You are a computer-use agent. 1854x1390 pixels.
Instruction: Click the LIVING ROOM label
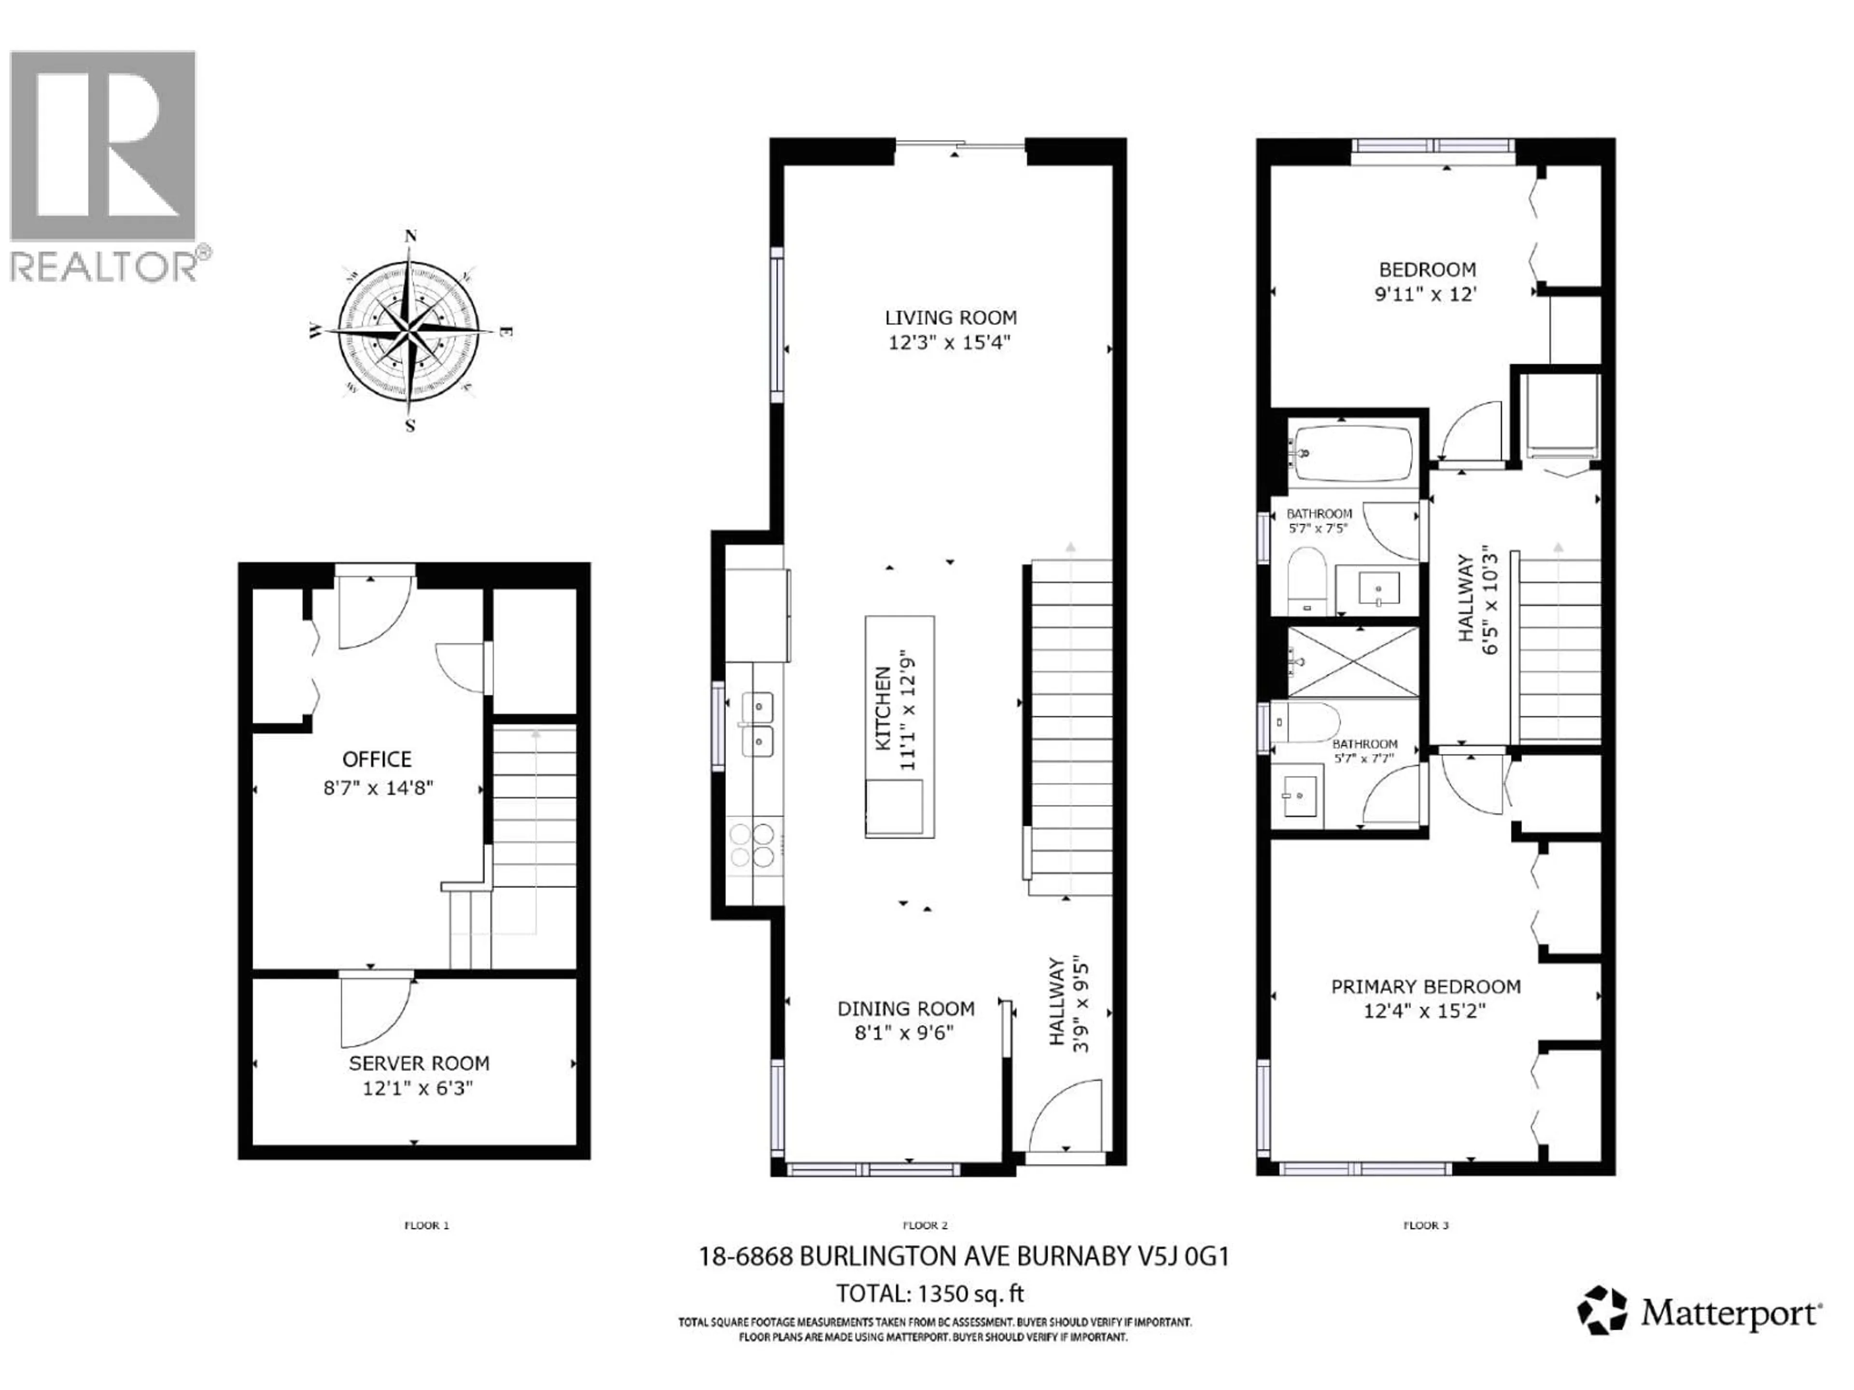coord(951,318)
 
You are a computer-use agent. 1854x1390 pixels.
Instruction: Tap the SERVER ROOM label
coord(419,1063)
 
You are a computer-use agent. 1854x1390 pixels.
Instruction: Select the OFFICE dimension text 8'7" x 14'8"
coord(378,788)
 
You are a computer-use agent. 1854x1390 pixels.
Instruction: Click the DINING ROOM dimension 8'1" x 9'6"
coord(904,1033)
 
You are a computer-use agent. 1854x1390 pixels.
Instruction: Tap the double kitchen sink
coord(757,724)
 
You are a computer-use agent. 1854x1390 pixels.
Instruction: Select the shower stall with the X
coord(1353,661)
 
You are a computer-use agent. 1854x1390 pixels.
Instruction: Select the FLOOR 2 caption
coord(926,1225)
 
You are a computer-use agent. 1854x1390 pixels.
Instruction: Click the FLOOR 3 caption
coord(1426,1225)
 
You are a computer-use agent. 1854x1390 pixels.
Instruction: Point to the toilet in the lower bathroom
coord(1305,722)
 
